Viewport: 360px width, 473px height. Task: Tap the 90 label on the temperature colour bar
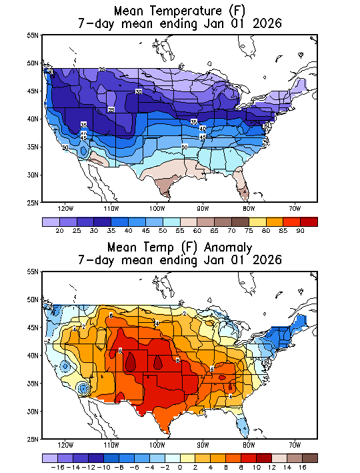[299, 230]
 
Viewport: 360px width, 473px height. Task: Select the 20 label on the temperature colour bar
[61, 230]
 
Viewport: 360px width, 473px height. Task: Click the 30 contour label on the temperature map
[139, 91]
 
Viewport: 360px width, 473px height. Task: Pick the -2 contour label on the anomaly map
[49, 340]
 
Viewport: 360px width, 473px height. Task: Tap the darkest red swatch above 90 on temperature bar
[308, 221]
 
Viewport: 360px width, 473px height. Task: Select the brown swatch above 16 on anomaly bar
[309, 458]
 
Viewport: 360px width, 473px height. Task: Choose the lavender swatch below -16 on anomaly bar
[49, 458]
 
